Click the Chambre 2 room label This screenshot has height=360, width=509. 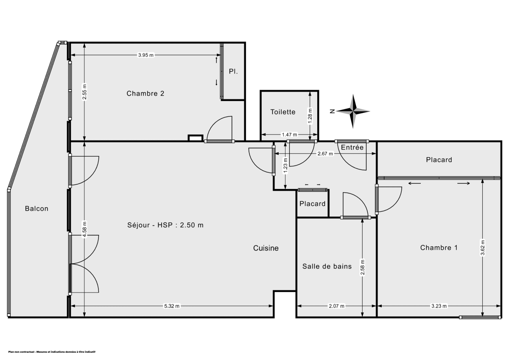click(x=145, y=93)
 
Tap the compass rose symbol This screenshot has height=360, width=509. click(x=353, y=111)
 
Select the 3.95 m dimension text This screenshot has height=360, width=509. click(x=146, y=55)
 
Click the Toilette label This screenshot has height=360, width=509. click(x=283, y=112)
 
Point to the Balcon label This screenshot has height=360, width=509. click(x=36, y=208)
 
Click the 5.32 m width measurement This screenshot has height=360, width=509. click(x=172, y=306)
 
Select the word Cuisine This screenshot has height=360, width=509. click(x=266, y=248)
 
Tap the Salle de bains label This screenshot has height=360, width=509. click(x=327, y=266)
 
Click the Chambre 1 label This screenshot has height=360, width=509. click(x=439, y=247)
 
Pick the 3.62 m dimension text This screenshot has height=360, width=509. click(x=482, y=248)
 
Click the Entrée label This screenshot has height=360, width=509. click(x=352, y=147)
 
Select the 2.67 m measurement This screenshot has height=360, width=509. click(x=325, y=154)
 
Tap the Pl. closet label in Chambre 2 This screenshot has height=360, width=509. click(x=233, y=71)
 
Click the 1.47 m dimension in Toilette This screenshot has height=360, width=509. click(x=289, y=135)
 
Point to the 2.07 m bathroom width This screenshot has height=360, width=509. click(x=336, y=306)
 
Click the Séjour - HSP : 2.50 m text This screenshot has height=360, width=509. click(x=165, y=225)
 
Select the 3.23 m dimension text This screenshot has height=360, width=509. click(x=439, y=306)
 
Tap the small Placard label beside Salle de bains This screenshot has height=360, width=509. click(x=312, y=204)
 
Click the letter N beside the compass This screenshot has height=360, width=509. click(x=332, y=111)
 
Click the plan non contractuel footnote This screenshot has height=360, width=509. click(x=52, y=352)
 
